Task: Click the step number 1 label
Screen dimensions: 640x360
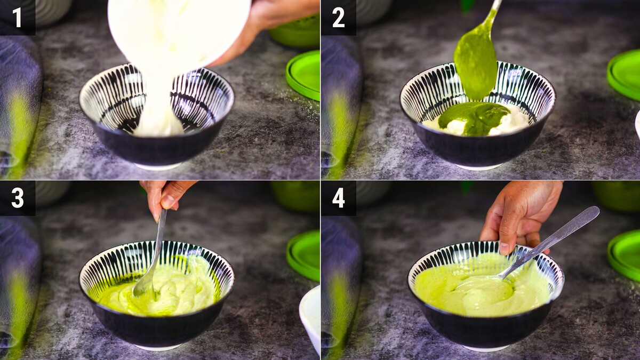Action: (x=17, y=18)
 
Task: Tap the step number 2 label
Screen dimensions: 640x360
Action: (x=339, y=18)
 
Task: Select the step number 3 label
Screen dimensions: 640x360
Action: (x=18, y=198)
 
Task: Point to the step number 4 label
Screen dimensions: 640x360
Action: (x=339, y=198)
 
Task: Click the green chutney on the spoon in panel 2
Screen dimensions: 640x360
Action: (x=475, y=66)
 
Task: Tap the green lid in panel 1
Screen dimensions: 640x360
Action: (x=303, y=75)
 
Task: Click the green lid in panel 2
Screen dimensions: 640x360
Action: (x=625, y=74)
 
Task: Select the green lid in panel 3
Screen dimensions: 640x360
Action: (x=303, y=255)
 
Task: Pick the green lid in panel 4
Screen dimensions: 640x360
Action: (x=625, y=255)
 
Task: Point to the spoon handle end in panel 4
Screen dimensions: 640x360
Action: (x=594, y=211)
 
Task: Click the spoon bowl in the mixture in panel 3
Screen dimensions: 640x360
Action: (x=143, y=286)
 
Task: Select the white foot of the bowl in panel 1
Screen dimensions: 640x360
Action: (x=158, y=166)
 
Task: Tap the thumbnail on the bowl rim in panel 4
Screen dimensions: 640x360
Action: (x=505, y=248)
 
